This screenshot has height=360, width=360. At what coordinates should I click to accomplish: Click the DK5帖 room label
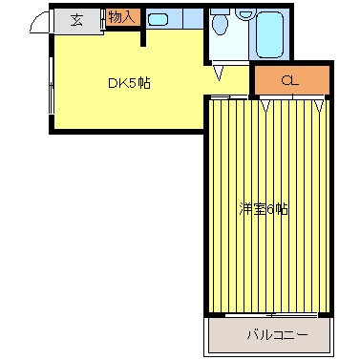128,83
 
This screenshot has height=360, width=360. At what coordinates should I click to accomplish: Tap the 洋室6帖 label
263,209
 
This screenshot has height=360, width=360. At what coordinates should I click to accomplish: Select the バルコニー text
277,335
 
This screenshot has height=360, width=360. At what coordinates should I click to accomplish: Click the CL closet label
289,81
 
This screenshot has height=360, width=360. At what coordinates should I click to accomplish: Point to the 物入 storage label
121,17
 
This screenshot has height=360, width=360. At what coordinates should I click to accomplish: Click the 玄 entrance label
76,20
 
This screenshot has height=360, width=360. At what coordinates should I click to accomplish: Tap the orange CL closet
290,81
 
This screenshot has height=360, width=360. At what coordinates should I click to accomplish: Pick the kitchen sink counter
173,19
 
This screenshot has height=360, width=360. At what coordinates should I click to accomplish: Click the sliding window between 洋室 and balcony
272,313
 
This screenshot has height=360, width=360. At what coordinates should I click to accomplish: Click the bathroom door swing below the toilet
221,71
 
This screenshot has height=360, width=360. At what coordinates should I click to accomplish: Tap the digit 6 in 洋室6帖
269,209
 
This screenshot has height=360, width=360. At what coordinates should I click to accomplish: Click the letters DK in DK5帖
115,83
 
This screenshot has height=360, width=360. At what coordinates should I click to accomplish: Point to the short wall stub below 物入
143,36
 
